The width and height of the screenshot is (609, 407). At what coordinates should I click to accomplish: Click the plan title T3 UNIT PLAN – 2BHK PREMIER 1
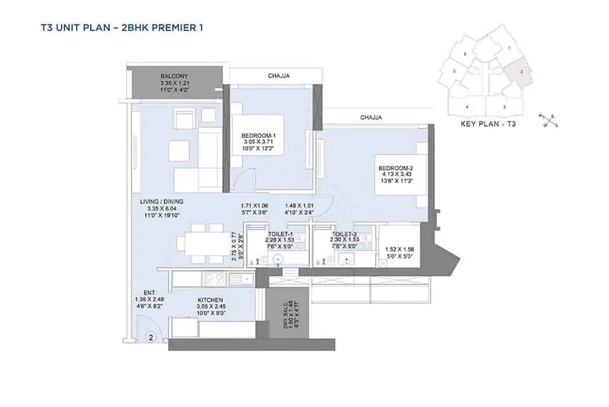[x=112, y=27]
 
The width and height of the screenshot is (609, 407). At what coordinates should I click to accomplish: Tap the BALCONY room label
[x=174, y=76]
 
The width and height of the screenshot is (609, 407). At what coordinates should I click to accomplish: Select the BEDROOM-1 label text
[x=258, y=136]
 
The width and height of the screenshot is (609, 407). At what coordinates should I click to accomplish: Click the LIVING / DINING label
[x=161, y=202]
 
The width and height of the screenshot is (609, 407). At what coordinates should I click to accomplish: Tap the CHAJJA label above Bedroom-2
[x=371, y=118]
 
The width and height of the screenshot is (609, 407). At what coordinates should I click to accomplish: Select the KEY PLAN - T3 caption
[x=487, y=125]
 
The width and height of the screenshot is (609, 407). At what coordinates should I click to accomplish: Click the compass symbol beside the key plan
[x=547, y=119]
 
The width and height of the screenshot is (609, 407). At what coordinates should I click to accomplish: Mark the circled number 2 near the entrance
[x=151, y=338]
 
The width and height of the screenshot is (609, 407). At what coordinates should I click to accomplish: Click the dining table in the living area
[x=199, y=242]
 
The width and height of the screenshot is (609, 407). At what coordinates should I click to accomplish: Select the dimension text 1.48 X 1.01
[x=300, y=205]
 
